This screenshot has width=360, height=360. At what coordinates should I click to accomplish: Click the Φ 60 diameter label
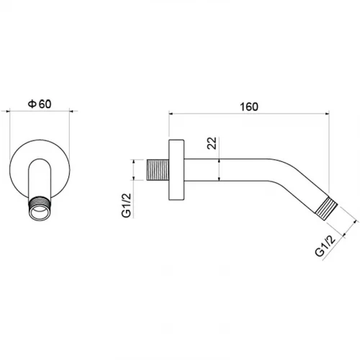[x=40, y=104]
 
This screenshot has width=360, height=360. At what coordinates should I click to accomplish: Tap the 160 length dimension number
[x=249, y=107]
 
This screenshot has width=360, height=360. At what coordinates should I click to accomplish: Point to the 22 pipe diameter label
[x=212, y=143]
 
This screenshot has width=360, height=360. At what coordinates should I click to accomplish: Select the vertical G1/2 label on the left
[x=127, y=205]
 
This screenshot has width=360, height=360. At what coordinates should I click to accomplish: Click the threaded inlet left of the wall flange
[x=158, y=170]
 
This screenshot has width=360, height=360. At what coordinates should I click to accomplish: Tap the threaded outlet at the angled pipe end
[x=326, y=209]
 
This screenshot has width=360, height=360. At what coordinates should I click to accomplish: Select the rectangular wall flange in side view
[x=176, y=170]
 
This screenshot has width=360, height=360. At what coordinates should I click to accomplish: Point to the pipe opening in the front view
[x=40, y=211]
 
